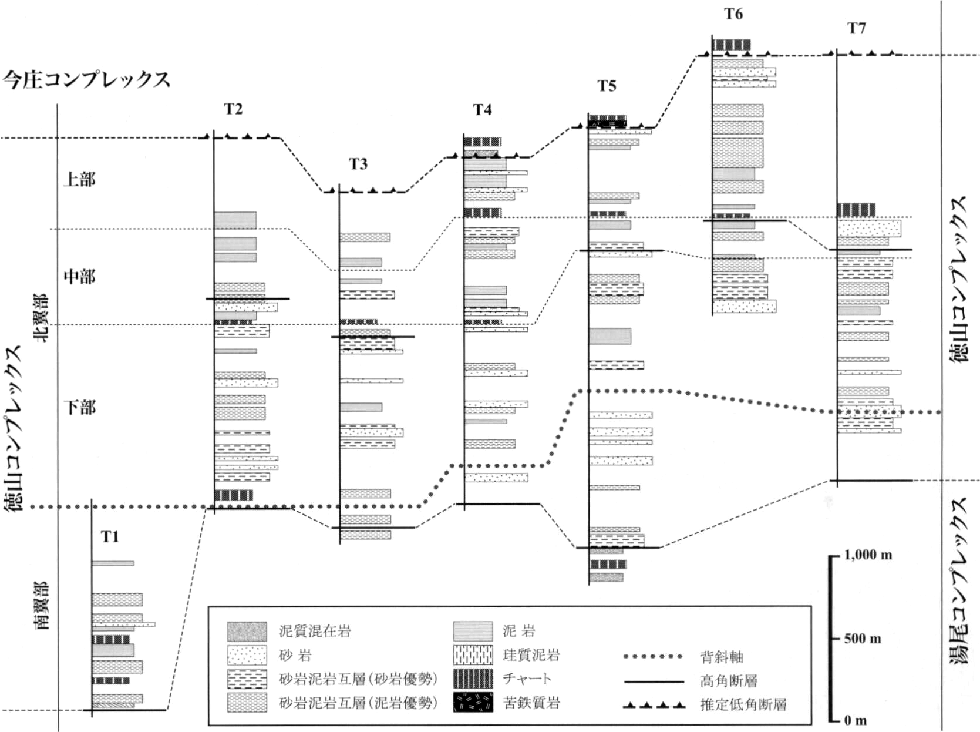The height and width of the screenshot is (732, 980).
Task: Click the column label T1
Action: [110, 536]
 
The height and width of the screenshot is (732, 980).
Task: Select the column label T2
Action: [234, 109]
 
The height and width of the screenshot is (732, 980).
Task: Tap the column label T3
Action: [358, 164]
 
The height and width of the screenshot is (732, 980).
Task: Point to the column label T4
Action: [482, 109]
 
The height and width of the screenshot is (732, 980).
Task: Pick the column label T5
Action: [607, 85]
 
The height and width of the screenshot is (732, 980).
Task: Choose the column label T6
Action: [733, 14]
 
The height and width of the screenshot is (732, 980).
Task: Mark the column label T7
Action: [856, 28]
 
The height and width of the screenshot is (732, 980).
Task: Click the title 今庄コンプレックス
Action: [86, 80]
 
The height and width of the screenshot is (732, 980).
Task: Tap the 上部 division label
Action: [79, 180]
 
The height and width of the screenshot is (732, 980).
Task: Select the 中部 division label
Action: [79, 277]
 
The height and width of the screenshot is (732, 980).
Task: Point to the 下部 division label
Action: [79, 407]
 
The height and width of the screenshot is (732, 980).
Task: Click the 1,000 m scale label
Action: [868, 555]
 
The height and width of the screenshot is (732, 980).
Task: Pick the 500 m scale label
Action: [863, 639]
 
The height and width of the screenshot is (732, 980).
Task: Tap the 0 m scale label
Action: [856, 720]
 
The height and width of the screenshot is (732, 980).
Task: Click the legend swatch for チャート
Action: [473, 679]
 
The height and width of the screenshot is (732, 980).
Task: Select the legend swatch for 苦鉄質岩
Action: [473, 703]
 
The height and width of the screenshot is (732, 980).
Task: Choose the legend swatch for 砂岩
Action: [247, 655]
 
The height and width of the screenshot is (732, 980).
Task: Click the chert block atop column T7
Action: [856, 210]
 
